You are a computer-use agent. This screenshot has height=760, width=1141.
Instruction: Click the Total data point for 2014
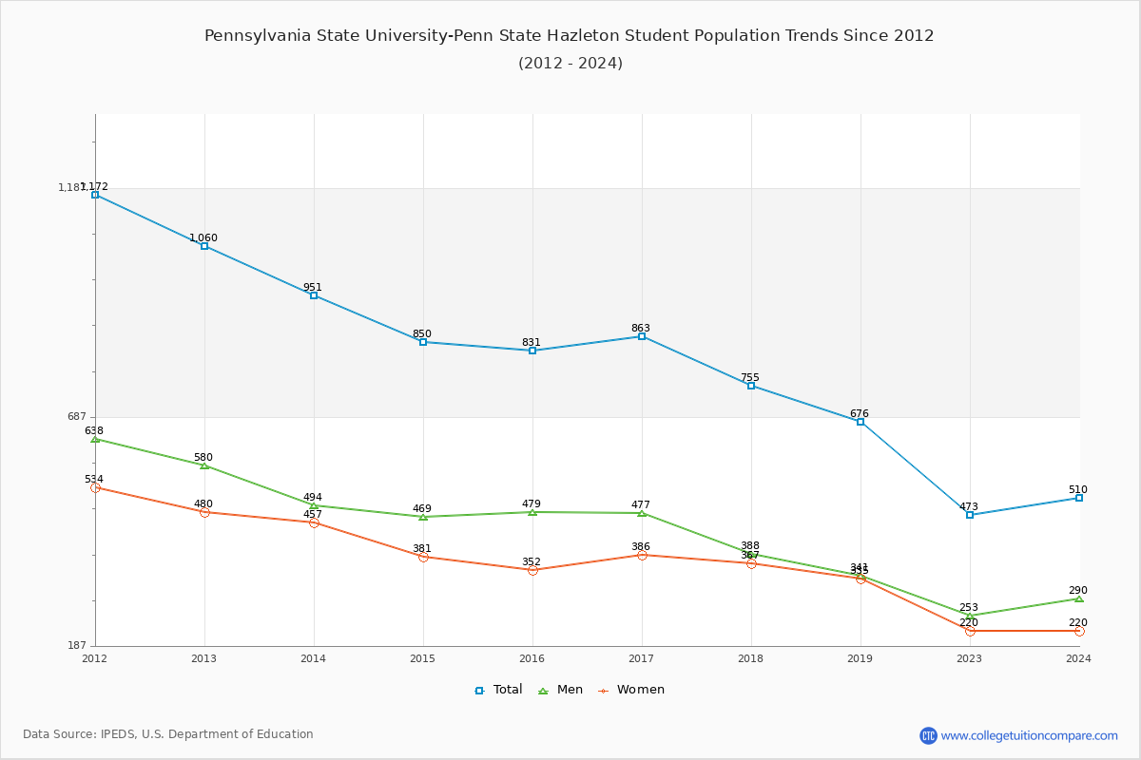314,295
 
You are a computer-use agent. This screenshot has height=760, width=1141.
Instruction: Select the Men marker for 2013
204,465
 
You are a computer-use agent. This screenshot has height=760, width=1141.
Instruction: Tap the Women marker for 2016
532,570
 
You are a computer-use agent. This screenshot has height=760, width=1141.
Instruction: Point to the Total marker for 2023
970,515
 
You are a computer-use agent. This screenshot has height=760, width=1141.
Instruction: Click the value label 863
641,329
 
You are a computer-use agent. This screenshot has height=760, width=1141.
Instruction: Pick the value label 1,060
203,238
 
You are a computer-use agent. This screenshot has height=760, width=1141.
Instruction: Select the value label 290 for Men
1077,591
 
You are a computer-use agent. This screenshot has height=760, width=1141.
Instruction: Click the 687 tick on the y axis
76,417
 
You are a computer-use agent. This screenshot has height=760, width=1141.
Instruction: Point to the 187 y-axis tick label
76,646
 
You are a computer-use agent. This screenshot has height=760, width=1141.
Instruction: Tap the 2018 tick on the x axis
751,658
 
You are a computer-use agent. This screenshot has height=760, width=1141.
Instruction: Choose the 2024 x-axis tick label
1078,658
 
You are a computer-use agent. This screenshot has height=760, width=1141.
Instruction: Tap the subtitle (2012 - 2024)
570,64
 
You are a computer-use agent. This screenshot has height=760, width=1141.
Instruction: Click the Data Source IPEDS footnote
168,734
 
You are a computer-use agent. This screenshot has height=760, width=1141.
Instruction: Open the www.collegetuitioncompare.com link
1029,735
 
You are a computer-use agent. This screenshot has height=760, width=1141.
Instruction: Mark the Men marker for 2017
642,513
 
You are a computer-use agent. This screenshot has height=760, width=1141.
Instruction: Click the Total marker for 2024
1079,498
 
